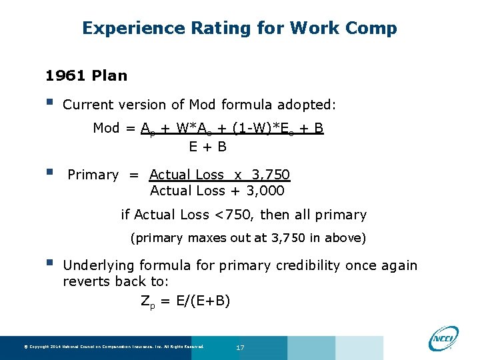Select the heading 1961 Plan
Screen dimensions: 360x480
[x=85, y=75]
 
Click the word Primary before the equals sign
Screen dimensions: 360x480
[x=93, y=175]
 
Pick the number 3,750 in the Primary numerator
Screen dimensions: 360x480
[x=271, y=175]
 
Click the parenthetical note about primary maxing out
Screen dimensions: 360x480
[x=248, y=237]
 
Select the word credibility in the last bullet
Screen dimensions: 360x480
[x=321, y=265]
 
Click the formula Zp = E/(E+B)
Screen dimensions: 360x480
[x=185, y=301]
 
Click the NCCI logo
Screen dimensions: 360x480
[x=443, y=338]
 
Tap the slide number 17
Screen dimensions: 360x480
[x=241, y=347]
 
